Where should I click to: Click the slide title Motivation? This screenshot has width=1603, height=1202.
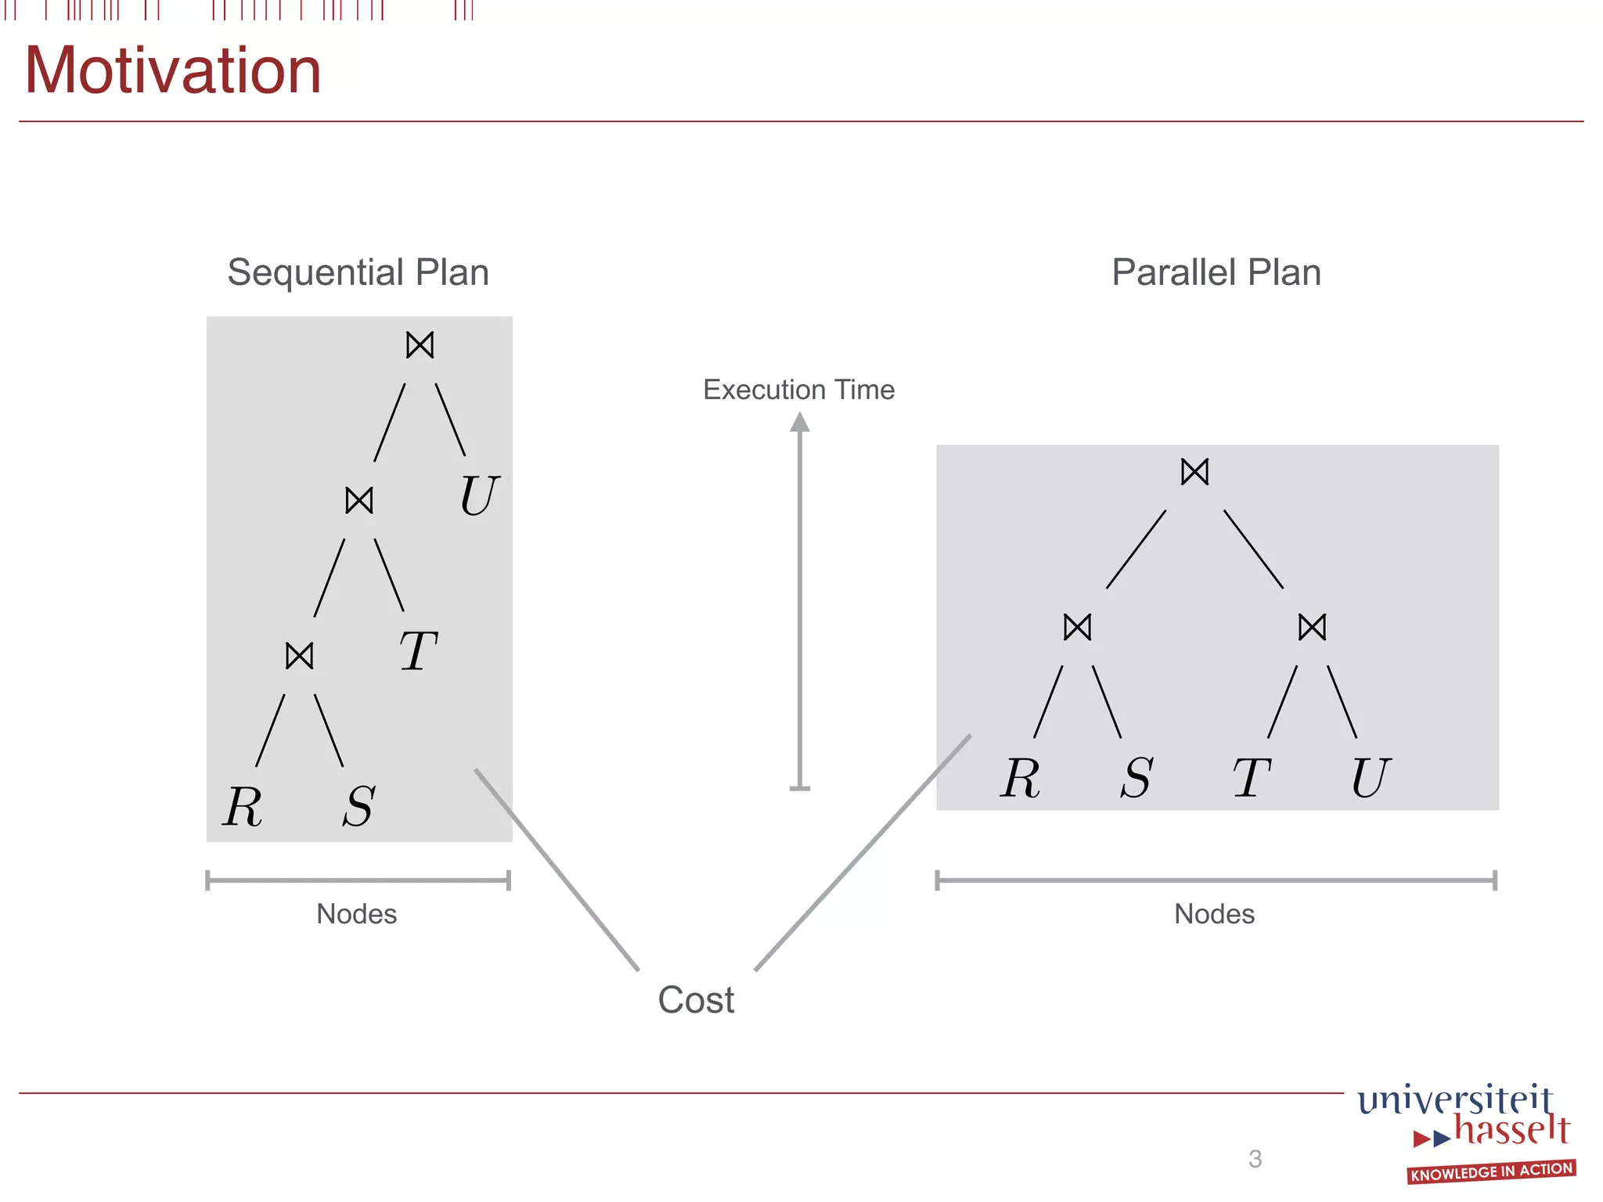[x=173, y=71]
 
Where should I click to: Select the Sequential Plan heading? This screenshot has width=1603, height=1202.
[x=358, y=272]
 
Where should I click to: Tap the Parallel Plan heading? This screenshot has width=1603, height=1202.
[x=1216, y=272]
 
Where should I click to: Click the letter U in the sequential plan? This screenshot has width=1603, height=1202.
[x=478, y=496]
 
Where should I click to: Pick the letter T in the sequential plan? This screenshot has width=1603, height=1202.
[x=418, y=651]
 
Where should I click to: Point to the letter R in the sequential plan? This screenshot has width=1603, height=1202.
[x=243, y=806]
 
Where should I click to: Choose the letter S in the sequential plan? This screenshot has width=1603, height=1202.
[x=359, y=806]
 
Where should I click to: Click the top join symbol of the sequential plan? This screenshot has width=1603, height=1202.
[x=420, y=345]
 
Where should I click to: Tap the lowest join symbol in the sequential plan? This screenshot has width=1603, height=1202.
[x=300, y=656]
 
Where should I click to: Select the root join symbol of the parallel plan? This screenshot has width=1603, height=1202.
[x=1195, y=472]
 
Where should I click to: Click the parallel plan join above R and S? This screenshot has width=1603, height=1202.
[x=1078, y=627]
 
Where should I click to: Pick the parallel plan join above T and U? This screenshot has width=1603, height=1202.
[x=1313, y=627]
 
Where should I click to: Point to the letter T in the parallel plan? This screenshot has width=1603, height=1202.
[x=1252, y=778]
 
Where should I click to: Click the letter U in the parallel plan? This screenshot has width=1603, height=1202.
[x=1371, y=778]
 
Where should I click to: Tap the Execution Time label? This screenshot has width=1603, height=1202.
[x=798, y=390]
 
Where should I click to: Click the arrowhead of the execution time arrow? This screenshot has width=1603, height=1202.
[x=799, y=423]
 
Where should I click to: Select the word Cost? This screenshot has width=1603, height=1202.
[x=696, y=1000]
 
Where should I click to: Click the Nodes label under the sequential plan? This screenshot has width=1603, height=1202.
[x=357, y=914]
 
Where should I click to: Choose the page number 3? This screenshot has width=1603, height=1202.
[x=1255, y=1159]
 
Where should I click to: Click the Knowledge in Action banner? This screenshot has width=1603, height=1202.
[x=1492, y=1171]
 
